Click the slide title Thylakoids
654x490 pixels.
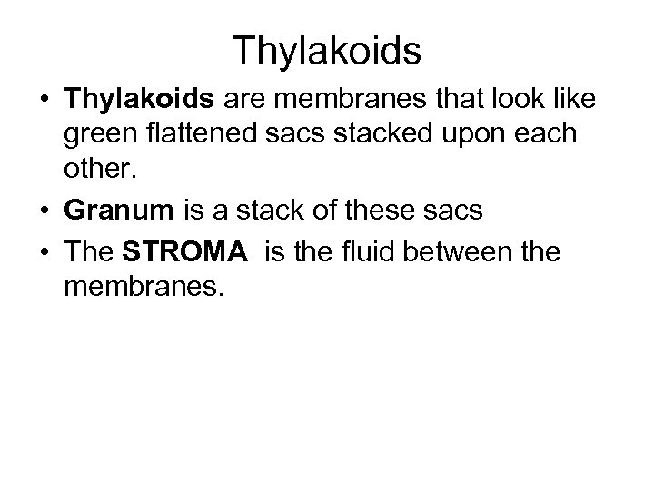(326, 51)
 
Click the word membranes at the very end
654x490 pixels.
(141, 289)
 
